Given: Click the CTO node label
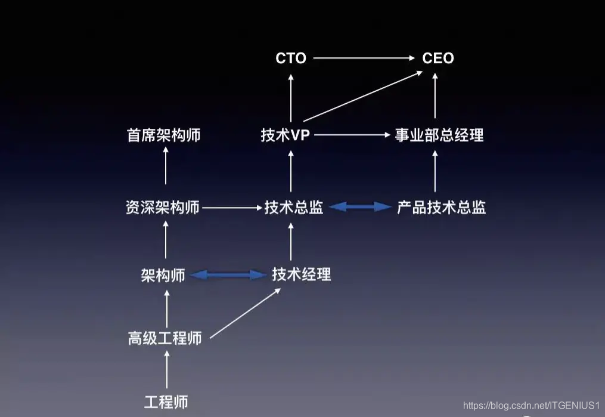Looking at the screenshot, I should coord(291,58).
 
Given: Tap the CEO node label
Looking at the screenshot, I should coord(438,58).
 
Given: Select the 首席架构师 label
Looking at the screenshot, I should coord(164,135).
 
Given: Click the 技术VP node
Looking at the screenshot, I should coord(286,135).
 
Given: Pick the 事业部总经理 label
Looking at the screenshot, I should coord(439,135).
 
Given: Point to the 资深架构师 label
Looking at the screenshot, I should coord(163,208).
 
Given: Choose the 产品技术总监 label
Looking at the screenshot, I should coord(442,208).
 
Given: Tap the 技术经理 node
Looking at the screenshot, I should coord(302,274).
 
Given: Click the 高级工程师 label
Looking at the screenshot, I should coord(165,339).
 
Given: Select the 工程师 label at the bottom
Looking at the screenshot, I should coord(166,401).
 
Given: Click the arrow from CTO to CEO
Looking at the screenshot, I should coord(364,58).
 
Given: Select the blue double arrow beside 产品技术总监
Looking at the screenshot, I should coord(360,207).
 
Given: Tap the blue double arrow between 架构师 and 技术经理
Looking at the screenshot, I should coord(228,275).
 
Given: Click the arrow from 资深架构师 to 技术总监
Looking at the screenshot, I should coord(232,208).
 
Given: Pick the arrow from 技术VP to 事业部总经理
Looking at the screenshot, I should coord(352,135).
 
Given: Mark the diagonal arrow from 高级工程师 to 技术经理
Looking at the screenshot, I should coord(246,314).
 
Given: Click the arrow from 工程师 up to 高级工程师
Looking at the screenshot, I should coord(167,370).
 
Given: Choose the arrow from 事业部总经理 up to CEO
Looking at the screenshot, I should coord(435,95).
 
